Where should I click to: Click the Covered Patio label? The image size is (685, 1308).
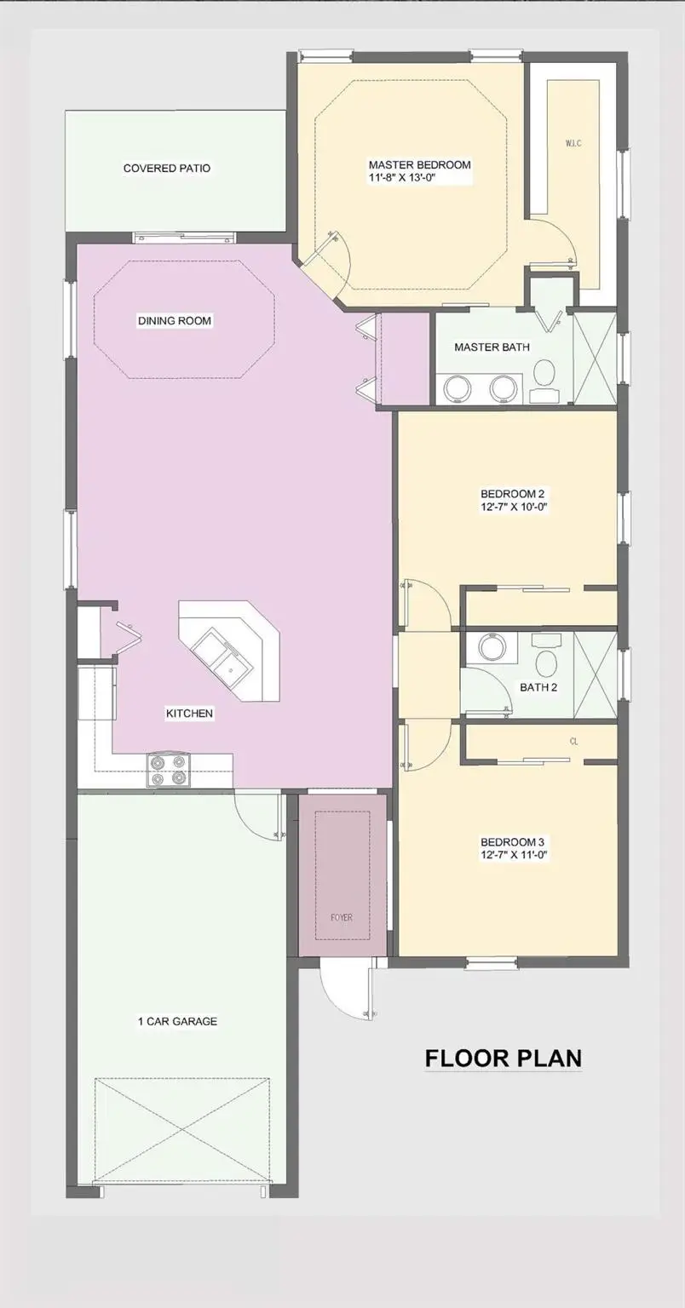tap(166, 169)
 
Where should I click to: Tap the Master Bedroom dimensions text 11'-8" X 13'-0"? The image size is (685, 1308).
tap(419, 179)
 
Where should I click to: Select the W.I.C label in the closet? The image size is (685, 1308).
tap(573, 143)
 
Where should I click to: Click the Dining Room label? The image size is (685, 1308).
tap(175, 321)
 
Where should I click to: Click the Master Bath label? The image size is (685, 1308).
tap(492, 347)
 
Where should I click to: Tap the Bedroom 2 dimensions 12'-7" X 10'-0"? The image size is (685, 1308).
tap(513, 507)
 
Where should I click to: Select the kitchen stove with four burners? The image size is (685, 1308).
tap(168, 770)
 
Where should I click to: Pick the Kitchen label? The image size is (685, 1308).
tap(189, 714)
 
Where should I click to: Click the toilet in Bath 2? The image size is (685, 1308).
tap(545, 657)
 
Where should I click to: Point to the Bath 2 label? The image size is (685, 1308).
tap(538, 687)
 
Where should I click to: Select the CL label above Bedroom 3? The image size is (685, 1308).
tap(574, 742)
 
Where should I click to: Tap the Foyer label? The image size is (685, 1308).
tap(342, 918)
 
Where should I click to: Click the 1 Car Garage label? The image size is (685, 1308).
tap(177, 1021)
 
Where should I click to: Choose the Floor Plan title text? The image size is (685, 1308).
tap(504, 1058)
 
